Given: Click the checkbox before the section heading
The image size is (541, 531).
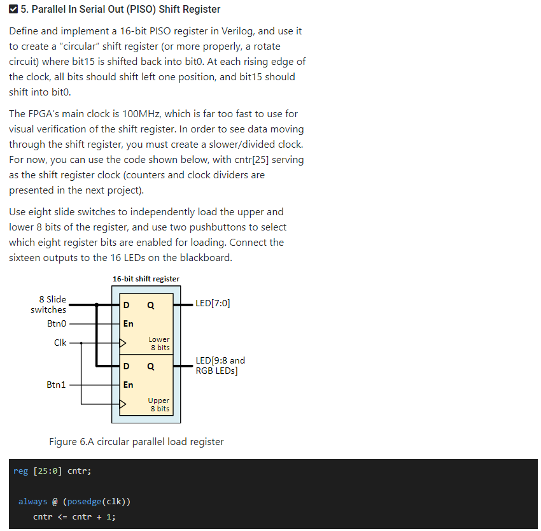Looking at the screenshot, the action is coord(14,10).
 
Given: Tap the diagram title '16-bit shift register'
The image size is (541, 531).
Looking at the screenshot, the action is coord(146,279).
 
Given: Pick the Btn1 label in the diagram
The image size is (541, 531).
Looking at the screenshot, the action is coord(56,385).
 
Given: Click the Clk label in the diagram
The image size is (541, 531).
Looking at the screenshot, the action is coord(60,343).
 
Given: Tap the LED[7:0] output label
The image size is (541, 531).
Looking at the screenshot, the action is coord(213,304).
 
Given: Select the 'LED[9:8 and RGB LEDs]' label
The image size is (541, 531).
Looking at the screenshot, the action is coord(220,365).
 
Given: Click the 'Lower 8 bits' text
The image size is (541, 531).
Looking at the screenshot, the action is coord(159,343).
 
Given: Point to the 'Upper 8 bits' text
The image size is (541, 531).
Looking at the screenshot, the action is coord(159,404).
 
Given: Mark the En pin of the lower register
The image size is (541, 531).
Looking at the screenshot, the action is coord(128,323).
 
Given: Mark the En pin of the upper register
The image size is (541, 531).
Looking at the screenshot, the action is coord(128,385).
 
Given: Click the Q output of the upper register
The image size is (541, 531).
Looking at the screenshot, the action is coord(150,366).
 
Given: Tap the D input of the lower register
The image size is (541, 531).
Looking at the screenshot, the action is coord(127,305).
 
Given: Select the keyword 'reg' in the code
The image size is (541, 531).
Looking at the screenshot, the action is coord(21,471).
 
